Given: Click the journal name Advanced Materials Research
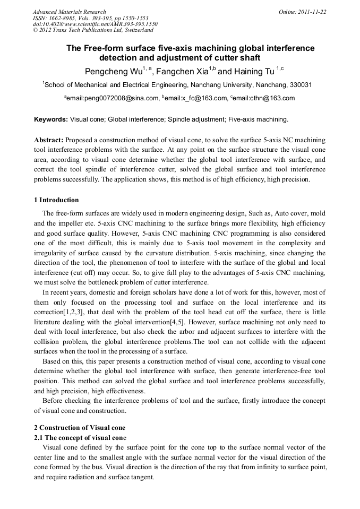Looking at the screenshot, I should pyautogui.click(x=69, y=12).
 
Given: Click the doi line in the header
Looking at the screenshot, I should pyautogui.click(x=95, y=24).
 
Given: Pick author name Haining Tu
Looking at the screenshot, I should pyautogui.click(x=254, y=71).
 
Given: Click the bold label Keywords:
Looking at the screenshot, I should pyautogui.click(x=50, y=120).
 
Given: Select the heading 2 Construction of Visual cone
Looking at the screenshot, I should pyautogui.click(x=80, y=427).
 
